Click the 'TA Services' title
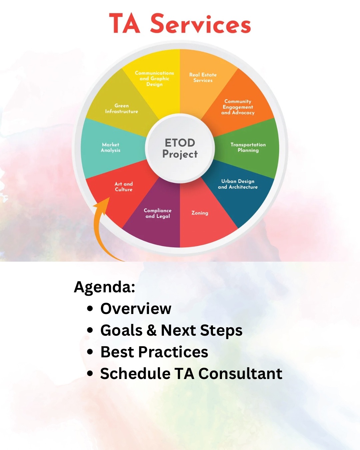tap(180, 23)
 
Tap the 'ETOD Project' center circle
tap(180, 148)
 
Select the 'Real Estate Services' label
tap(203, 78)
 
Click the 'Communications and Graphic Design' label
tap(154, 79)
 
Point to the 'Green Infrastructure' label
tap(122, 109)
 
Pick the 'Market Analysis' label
tap(110, 147)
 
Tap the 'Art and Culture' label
tap(124, 187)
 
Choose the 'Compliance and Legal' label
tap(158, 213)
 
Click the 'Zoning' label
tap(200, 213)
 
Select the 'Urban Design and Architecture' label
tap(238, 184)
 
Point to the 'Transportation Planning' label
tap(248, 147)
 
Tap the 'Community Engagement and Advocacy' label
tap(238, 107)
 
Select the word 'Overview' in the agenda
tap(136, 309)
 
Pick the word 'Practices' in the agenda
tap(173, 352)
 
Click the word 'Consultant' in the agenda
tap(240, 374)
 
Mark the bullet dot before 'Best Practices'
tap(90, 352)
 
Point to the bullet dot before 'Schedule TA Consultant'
tap(90, 374)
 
